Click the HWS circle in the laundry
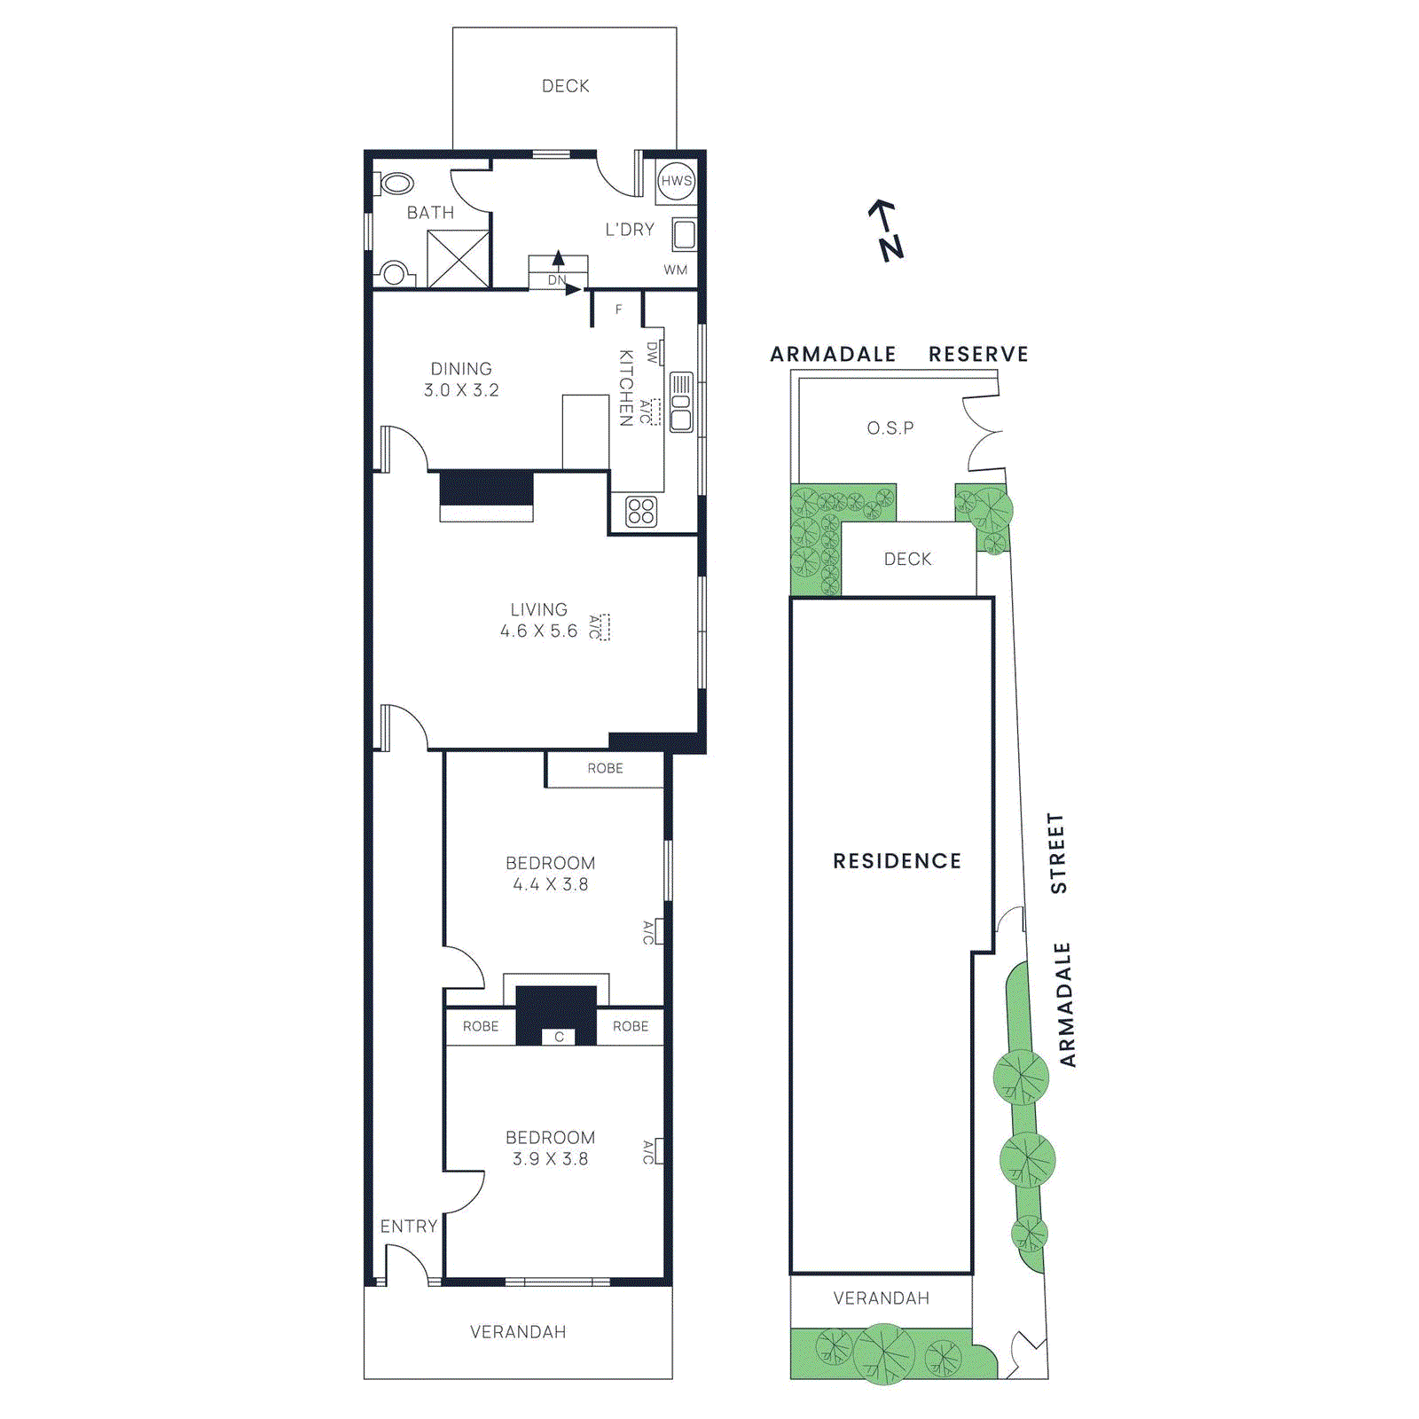click(x=676, y=181)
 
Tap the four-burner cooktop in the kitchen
click(x=641, y=512)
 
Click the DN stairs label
click(x=557, y=280)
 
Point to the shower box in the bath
click(x=459, y=258)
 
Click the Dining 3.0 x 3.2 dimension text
click(x=461, y=390)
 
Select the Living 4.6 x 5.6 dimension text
click(x=538, y=631)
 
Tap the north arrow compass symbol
click(x=886, y=231)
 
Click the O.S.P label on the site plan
click(x=890, y=427)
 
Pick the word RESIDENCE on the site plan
click(x=897, y=861)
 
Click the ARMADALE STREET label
click(x=1061, y=940)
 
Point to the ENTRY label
click(x=409, y=1226)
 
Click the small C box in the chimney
click(x=559, y=1036)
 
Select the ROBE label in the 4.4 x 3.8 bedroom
click(x=605, y=768)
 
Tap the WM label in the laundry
click(x=675, y=270)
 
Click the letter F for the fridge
click(x=619, y=310)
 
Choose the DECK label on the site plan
click(x=907, y=559)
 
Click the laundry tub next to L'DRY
click(x=684, y=235)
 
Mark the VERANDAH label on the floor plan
click(x=518, y=1331)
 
